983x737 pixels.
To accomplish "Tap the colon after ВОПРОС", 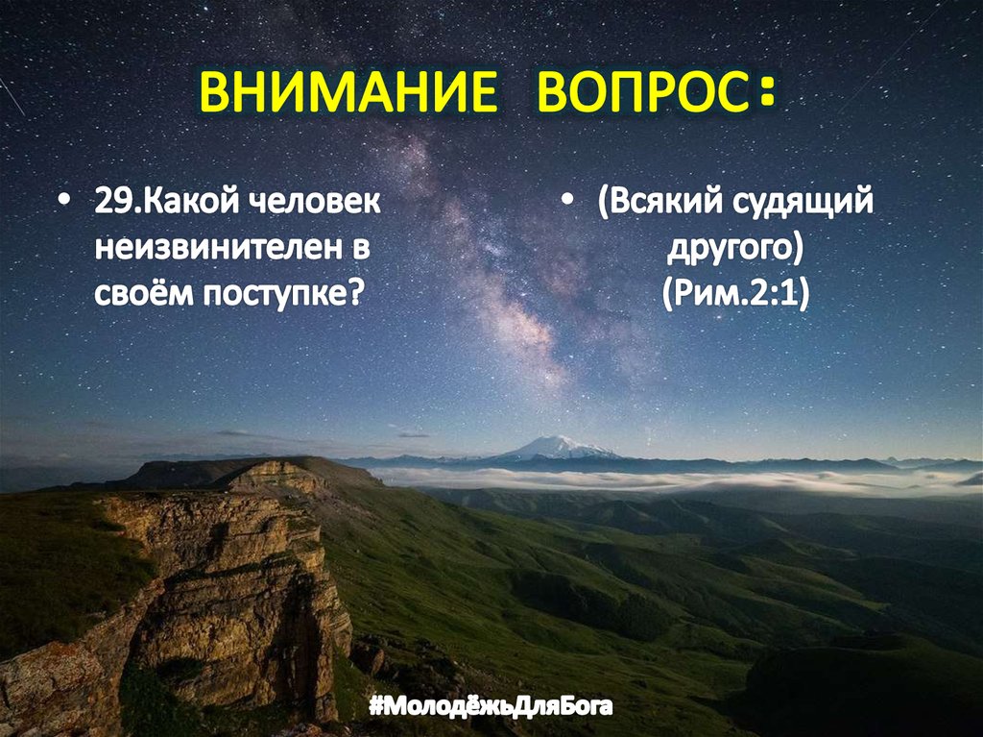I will click(764, 92).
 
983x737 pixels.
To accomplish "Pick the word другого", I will click(733, 249).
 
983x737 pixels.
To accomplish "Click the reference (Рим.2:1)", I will click(734, 292).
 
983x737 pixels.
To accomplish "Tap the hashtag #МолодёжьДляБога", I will click(491, 708).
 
